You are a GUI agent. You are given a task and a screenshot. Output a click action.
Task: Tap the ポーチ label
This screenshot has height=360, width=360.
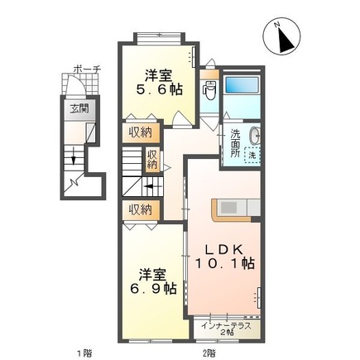click(x=85, y=70)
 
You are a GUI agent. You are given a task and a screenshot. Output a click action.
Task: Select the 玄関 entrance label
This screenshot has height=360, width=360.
click(x=77, y=108)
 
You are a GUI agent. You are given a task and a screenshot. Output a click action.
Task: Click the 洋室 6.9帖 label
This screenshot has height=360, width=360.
click(x=149, y=281)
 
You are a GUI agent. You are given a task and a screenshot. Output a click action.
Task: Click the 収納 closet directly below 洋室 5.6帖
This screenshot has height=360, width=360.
click(x=140, y=132)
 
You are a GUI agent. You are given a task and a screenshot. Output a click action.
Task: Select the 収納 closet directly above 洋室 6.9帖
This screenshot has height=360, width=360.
click(x=140, y=209)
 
